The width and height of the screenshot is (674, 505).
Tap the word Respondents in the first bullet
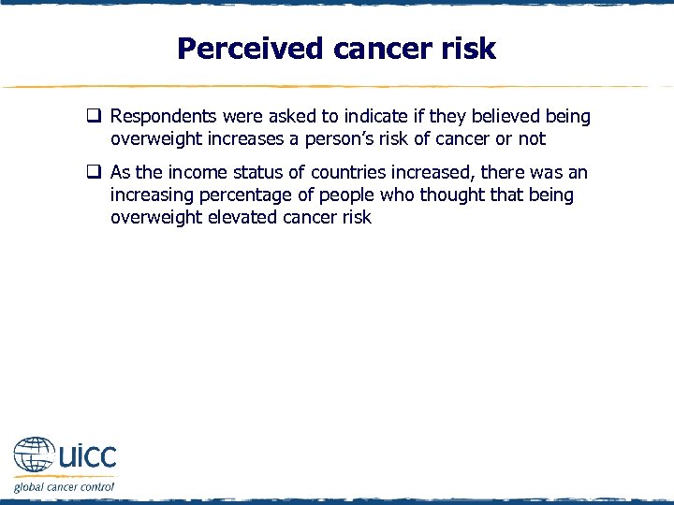click(160, 117)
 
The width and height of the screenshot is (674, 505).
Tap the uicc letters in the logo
click(87, 456)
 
